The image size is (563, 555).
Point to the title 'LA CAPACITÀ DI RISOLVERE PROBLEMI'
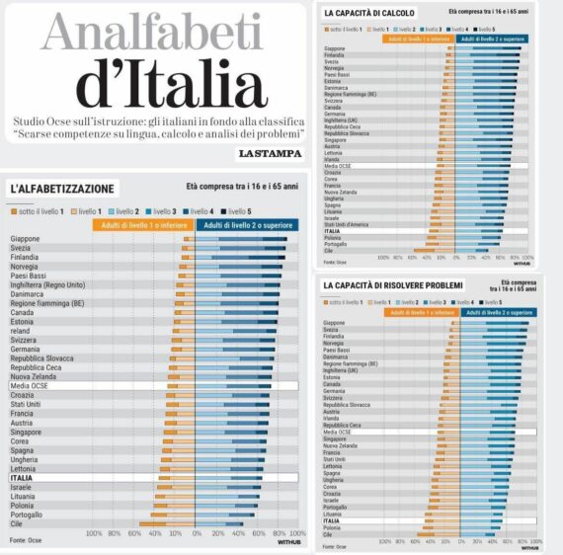point(393,285)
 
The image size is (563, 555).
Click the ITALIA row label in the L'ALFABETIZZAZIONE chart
point(22,478)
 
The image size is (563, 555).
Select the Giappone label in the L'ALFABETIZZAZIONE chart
point(25,239)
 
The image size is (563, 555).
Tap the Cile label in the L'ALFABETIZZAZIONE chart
point(16,524)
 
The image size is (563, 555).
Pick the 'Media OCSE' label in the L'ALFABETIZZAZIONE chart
point(29,386)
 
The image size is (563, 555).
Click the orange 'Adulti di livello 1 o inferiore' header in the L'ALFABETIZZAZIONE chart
point(142,225)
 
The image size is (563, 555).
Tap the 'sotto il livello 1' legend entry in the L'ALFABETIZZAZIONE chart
point(40,210)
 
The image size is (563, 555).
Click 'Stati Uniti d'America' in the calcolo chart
point(346,224)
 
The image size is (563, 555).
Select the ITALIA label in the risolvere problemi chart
point(332,520)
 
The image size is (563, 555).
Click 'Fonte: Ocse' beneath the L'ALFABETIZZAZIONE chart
point(26,541)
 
